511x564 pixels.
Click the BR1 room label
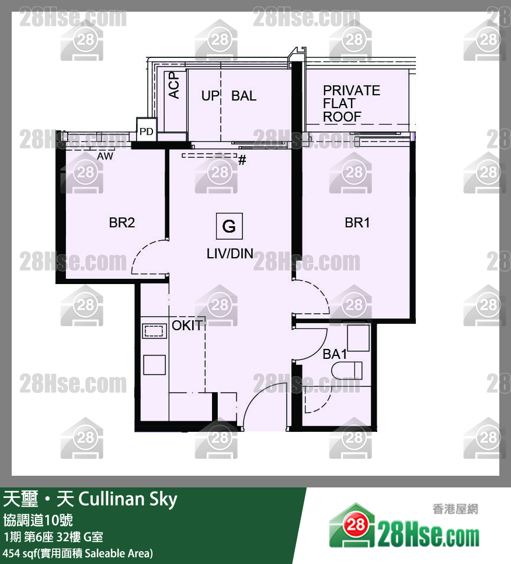pos(357,223)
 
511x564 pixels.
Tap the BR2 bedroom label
pos(122,223)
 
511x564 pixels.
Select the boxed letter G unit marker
pos(229,226)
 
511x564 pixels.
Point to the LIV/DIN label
pos(230,254)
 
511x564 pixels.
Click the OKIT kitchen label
pos(187,326)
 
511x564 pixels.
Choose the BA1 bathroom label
pos(335,354)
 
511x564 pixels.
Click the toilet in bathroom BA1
pos(347,370)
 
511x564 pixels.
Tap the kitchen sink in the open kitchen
pos(154,331)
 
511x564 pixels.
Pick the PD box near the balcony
pos(146,132)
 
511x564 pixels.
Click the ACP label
pos(174,85)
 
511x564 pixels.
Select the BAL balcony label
pos(244,96)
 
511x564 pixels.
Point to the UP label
pos(210,96)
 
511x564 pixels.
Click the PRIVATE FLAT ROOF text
pos(351,103)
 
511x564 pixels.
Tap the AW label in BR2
pos(105,157)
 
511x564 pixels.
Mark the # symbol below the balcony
pos(242,160)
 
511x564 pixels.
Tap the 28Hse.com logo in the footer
pos(404,526)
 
